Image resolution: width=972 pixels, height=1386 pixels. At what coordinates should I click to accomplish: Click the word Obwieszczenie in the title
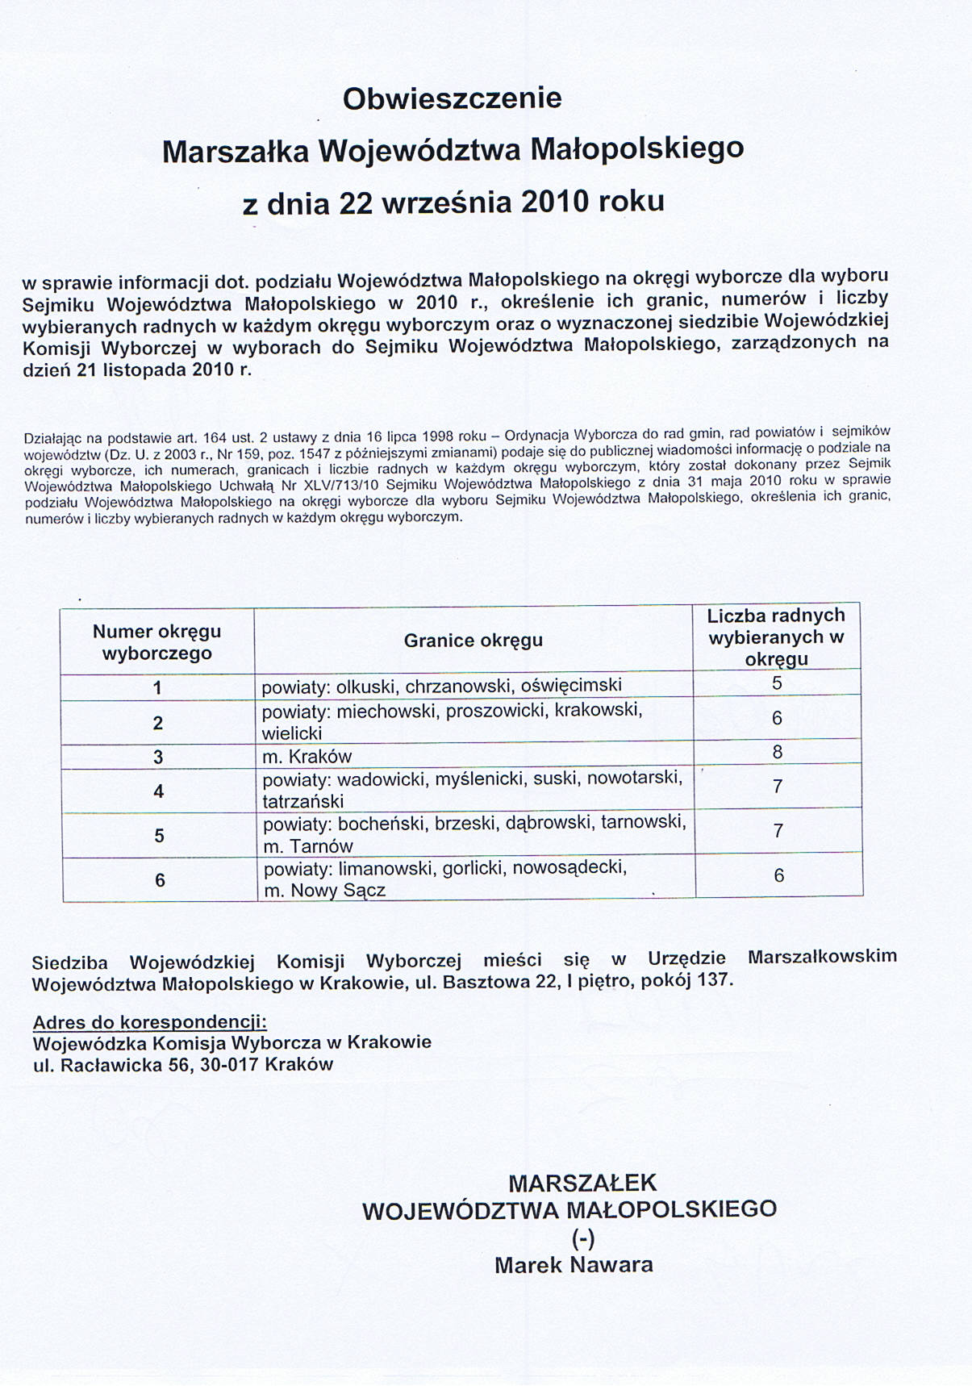(452, 98)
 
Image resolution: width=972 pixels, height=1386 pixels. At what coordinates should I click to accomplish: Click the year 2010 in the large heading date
(556, 201)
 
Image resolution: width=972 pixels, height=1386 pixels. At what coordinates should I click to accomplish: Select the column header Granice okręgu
(473, 641)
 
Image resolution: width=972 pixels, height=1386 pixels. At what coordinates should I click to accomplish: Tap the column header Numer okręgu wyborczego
(156, 642)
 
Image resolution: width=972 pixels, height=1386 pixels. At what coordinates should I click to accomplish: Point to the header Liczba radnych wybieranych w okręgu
(776, 637)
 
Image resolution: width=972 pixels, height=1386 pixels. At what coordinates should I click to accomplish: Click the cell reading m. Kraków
(307, 757)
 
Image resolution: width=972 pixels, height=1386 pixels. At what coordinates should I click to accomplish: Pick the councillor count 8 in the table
(778, 752)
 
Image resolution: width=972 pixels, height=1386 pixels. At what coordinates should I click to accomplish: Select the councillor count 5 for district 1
(777, 683)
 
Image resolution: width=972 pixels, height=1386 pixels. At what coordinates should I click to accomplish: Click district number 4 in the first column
(158, 791)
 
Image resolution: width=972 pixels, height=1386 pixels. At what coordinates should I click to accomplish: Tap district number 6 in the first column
(160, 880)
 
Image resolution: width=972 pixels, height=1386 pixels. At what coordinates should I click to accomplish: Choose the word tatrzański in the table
(303, 802)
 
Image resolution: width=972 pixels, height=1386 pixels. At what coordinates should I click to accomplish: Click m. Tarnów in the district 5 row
(309, 846)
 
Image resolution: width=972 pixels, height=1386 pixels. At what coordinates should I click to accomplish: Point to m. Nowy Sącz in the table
(325, 891)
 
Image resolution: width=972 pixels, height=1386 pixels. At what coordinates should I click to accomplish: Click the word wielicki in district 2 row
(292, 733)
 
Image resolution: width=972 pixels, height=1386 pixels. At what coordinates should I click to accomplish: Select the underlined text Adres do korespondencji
(149, 1023)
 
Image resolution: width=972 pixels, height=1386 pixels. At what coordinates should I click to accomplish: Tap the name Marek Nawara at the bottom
(574, 1264)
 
